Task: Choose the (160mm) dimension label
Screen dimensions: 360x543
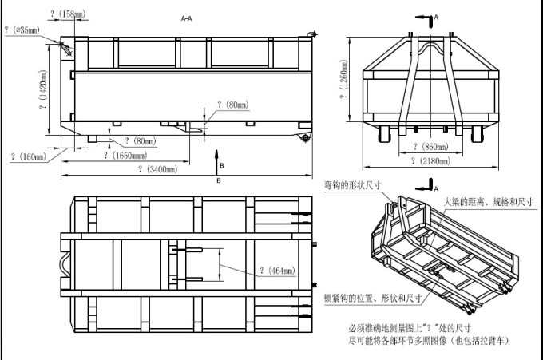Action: coord(30,156)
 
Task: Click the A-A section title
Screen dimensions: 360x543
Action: coord(186,18)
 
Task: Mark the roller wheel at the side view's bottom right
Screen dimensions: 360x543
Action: coord(306,136)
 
